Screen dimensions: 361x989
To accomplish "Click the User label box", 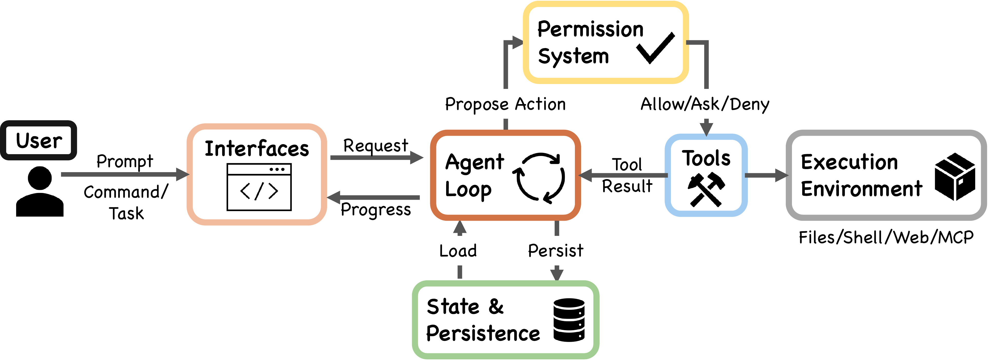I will (39, 140).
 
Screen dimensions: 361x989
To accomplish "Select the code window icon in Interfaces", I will (259, 187).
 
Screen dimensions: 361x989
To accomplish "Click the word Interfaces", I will (257, 149).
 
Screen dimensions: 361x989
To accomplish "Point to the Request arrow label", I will (376, 146).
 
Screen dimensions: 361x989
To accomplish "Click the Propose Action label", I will (505, 104).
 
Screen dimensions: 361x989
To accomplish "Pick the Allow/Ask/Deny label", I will (705, 104).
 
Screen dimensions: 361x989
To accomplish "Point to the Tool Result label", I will (627, 175).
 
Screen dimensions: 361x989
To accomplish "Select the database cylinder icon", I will (569, 320).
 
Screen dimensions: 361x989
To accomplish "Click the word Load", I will (458, 251).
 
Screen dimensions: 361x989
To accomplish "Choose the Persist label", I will (555, 251).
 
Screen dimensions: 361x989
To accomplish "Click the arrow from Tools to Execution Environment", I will (766, 175).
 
